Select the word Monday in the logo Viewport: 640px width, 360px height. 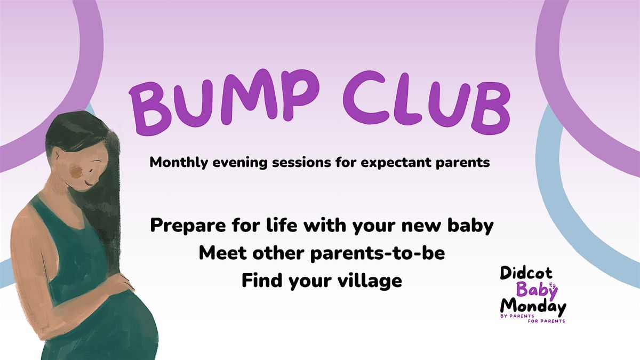pos(532,307)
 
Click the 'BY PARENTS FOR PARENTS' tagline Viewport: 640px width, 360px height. pos(532,318)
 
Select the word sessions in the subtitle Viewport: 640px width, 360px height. pos(279,163)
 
